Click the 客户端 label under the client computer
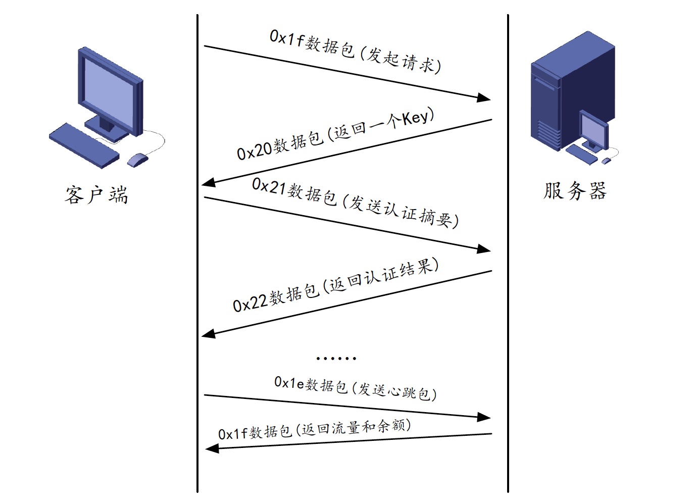click(x=96, y=195)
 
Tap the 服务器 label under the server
click(x=575, y=190)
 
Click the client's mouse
click(x=137, y=160)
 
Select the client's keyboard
click(x=84, y=145)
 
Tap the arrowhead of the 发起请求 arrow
click(x=484, y=97)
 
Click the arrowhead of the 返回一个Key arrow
click(x=209, y=183)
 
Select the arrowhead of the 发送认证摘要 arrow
click(x=484, y=249)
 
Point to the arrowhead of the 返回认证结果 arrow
click(x=209, y=334)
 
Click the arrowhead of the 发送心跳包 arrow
click(x=484, y=417)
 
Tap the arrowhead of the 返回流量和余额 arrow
click(x=212, y=448)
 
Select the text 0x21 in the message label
click(x=269, y=187)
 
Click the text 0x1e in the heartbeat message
click(x=289, y=383)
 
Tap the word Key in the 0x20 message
click(x=415, y=118)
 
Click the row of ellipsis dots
click(x=336, y=359)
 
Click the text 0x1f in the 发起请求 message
click(x=286, y=38)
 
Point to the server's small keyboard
click(x=581, y=155)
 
